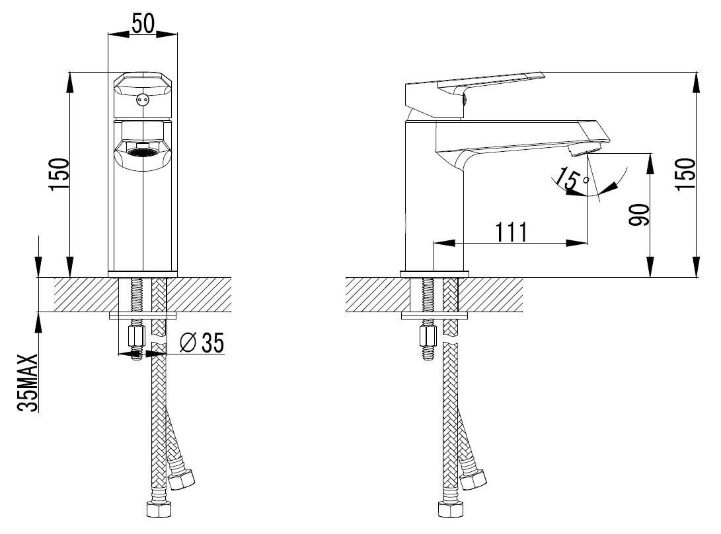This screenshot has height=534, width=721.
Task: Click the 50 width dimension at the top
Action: tap(143, 23)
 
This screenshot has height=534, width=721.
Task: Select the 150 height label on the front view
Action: tap(59, 174)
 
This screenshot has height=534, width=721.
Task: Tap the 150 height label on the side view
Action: tap(685, 174)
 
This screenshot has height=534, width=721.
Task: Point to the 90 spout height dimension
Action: tap(640, 215)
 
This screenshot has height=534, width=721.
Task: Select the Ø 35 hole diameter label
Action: tap(202, 343)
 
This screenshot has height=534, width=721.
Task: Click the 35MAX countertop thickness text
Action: tap(27, 382)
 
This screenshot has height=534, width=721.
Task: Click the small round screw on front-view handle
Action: tap(143, 100)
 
